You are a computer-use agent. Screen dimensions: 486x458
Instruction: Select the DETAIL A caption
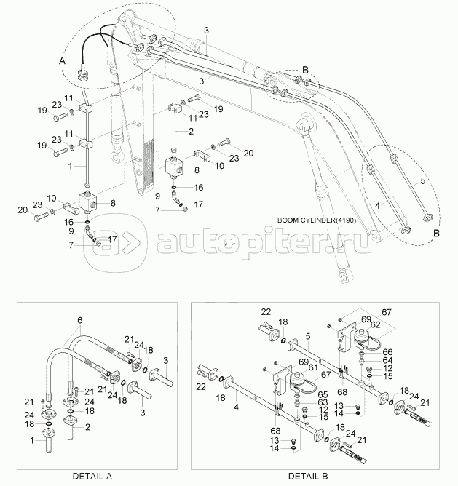point(93,476)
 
